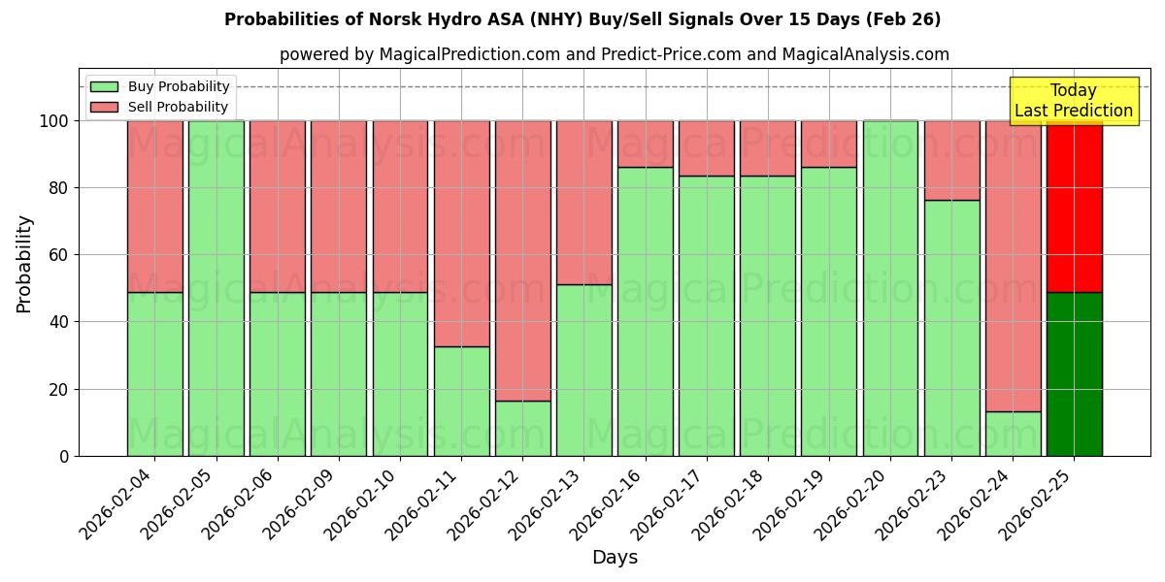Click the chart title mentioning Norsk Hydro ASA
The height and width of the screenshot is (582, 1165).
click(x=582, y=19)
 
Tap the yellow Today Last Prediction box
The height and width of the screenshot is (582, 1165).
click(x=1073, y=101)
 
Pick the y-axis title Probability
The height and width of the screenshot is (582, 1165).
click(x=24, y=264)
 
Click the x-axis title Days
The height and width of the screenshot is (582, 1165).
click(x=615, y=558)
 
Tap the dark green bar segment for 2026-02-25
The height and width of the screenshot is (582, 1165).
click(x=1074, y=373)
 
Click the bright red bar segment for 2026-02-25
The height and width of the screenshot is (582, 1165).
click(x=1074, y=206)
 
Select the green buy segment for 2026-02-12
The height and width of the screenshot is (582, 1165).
click(x=522, y=428)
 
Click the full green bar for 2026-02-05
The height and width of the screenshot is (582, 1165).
click(x=216, y=288)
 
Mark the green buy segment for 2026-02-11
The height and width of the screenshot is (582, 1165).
click(x=461, y=401)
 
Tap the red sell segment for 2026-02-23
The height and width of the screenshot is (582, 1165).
click(x=951, y=160)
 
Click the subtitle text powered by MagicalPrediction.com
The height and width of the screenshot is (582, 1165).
click(x=614, y=54)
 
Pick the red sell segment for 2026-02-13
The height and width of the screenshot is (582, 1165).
click(x=583, y=202)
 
